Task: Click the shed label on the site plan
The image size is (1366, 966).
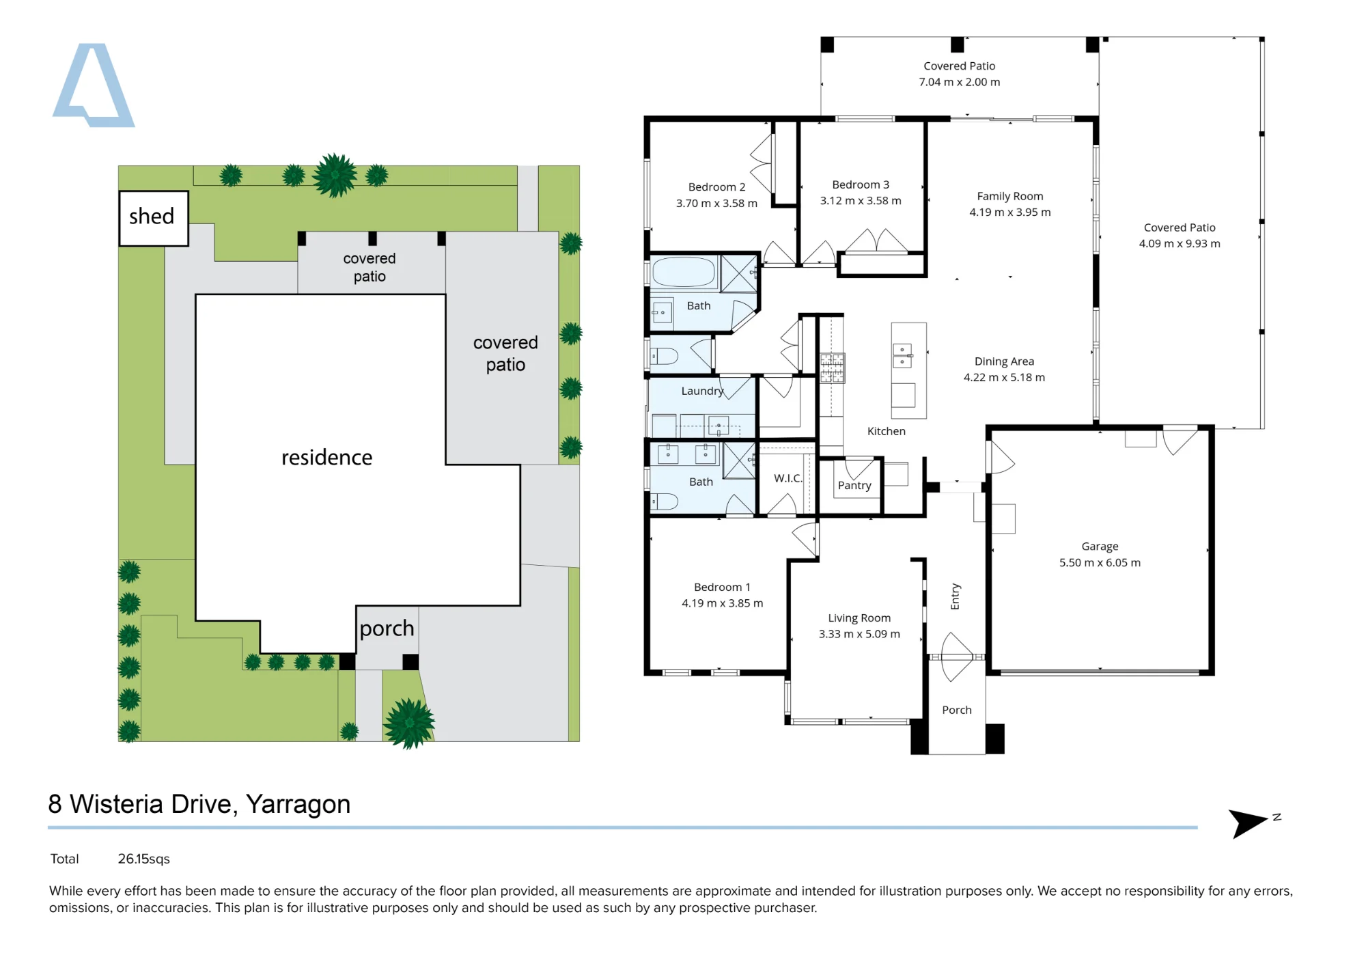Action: (152, 217)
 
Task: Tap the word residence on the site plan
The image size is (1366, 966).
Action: (327, 457)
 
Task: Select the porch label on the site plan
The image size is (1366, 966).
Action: (387, 629)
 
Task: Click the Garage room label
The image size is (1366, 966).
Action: (1100, 547)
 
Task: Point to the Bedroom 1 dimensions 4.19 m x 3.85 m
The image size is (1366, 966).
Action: (723, 603)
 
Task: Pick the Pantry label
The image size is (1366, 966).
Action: (854, 486)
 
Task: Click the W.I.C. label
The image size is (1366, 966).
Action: (788, 478)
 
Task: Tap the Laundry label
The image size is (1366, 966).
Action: (702, 391)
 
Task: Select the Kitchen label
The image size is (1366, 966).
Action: (887, 431)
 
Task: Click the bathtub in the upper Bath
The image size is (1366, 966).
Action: (684, 272)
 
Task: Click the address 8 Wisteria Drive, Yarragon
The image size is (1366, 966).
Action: (199, 805)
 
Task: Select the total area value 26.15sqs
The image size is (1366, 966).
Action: (143, 859)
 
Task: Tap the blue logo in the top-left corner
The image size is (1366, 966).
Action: (94, 85)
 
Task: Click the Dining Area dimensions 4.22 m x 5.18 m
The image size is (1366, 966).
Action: (1004, 378)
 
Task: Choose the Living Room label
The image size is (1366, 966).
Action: (859, 618)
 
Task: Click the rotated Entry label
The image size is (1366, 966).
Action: (956, 596)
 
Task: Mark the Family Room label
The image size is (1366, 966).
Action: (1010, 196)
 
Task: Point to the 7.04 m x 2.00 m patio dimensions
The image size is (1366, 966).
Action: (960, 82)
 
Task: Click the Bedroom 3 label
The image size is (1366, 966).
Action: (861, 184)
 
